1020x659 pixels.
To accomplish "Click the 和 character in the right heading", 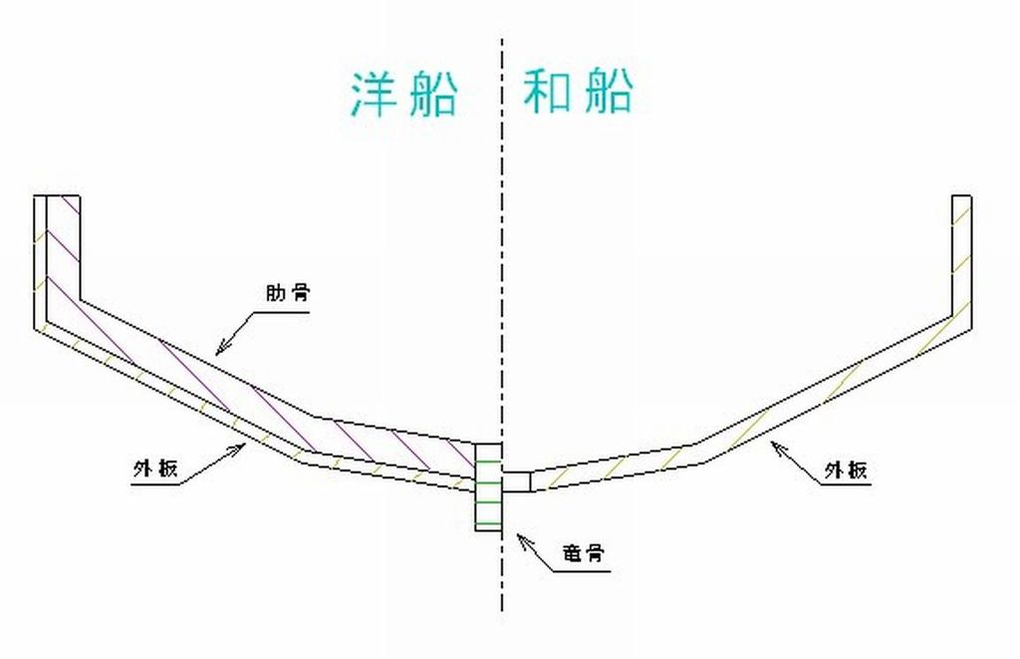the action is tap(547, 92).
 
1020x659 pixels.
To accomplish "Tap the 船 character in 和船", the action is tap(606, 92).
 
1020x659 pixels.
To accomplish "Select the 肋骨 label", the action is tap(287, 294).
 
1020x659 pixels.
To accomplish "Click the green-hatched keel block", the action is tap(487, 488).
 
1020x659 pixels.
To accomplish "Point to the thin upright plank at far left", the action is tap(40, 259).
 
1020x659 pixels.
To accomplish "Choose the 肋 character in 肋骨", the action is tap(274, 294).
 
